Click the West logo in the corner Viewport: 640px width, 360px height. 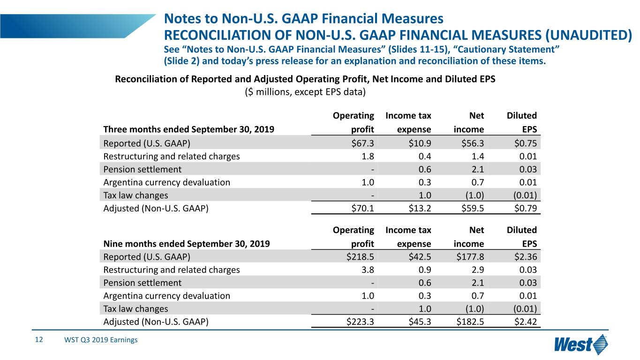581,345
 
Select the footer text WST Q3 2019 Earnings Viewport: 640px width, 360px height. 101,340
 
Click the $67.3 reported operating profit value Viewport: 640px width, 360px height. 362,143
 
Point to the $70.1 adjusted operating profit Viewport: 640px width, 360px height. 362,208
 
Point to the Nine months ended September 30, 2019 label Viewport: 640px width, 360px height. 187,244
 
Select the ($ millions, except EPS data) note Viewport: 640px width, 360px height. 305,92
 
